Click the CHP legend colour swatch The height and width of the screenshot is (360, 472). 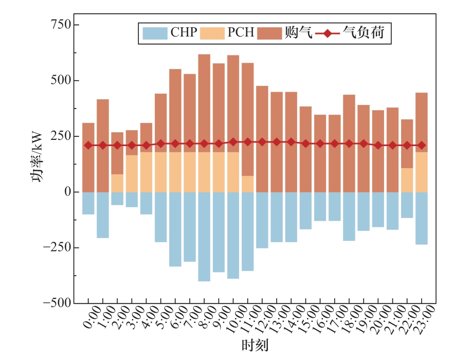pyautogui.click(x=154, y=33)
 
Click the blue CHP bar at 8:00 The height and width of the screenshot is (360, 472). pyautogui.click(x=204, y=237)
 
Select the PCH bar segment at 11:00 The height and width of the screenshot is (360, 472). pyautogui.click(x=248, y=184)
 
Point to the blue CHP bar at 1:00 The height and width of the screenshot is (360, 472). pyautogui.click(x=103, y=215)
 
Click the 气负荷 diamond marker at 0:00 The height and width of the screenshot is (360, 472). pyautogui.click(x=88, y=146)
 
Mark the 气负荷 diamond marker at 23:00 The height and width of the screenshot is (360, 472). pyautogui.click(x=422, y=146)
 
